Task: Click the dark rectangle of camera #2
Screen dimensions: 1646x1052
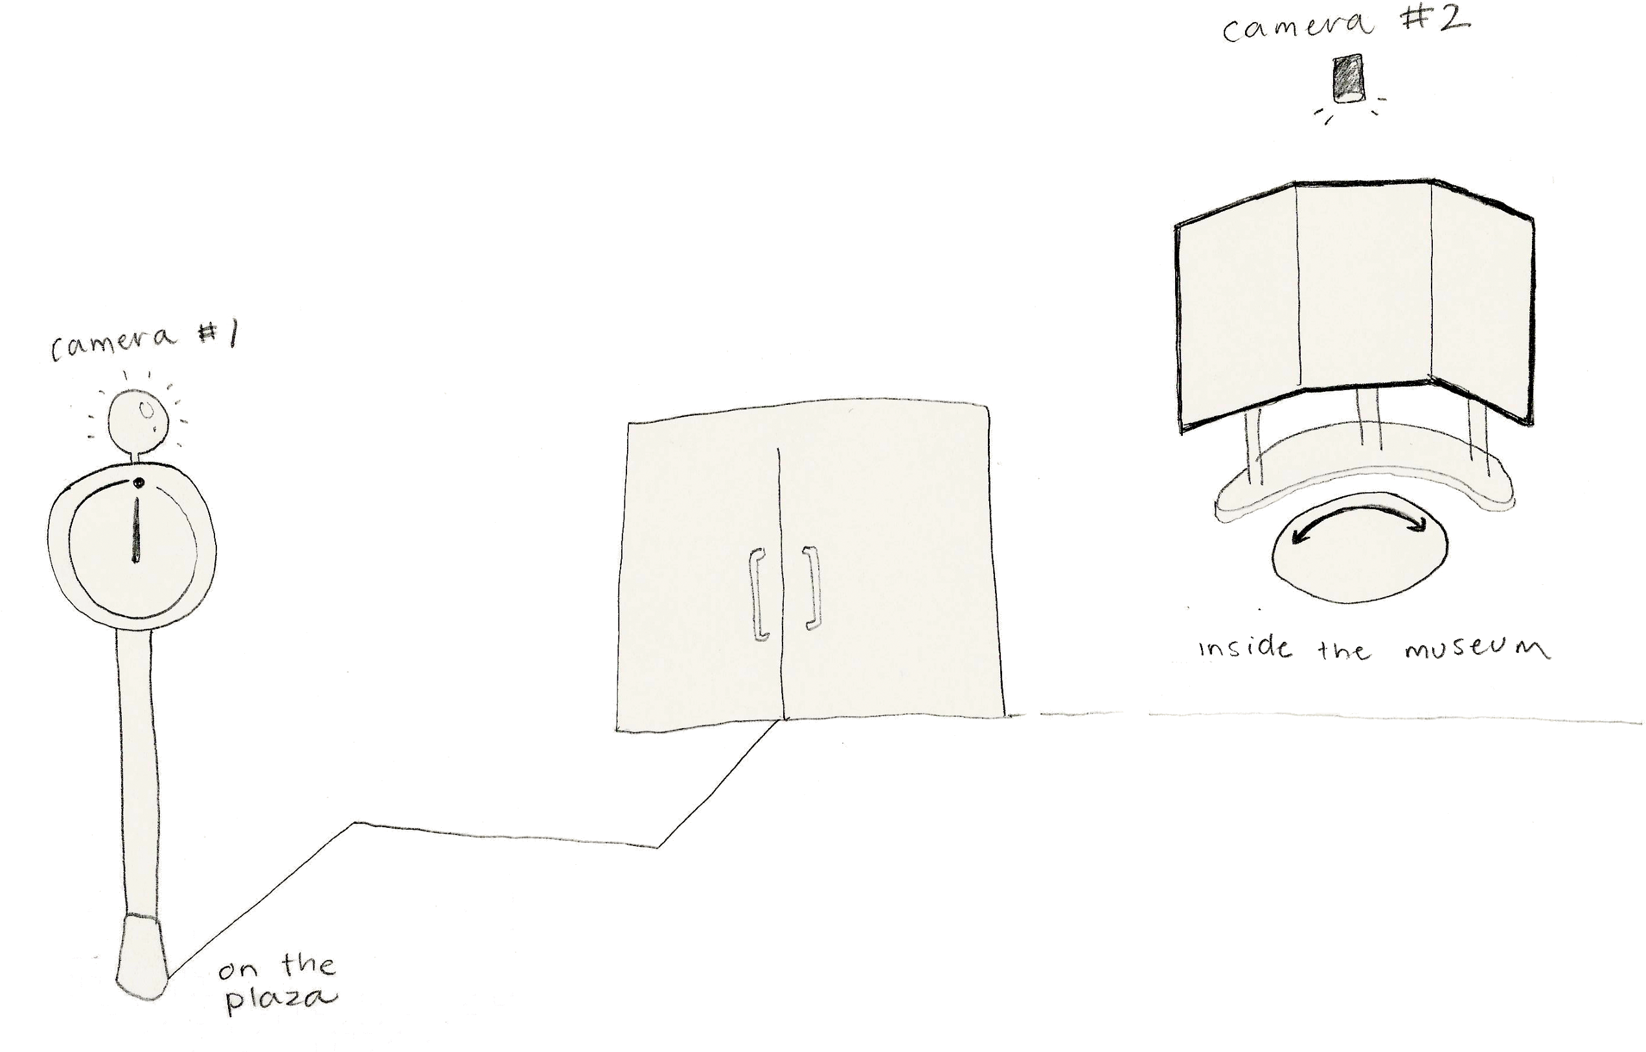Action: tap(1347, 78)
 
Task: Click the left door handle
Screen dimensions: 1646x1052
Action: tap(759, 593)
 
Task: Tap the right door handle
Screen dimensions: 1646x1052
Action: tap(811, 587)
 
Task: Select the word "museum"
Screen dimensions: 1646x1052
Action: tap(1477, 648)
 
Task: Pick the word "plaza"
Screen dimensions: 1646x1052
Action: tap(281, 999)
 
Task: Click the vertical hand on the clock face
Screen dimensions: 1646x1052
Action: tap(136, 530)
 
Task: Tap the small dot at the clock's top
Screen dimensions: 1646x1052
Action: tap(139, 483)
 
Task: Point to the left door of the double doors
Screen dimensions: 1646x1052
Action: tap(700, 574)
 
